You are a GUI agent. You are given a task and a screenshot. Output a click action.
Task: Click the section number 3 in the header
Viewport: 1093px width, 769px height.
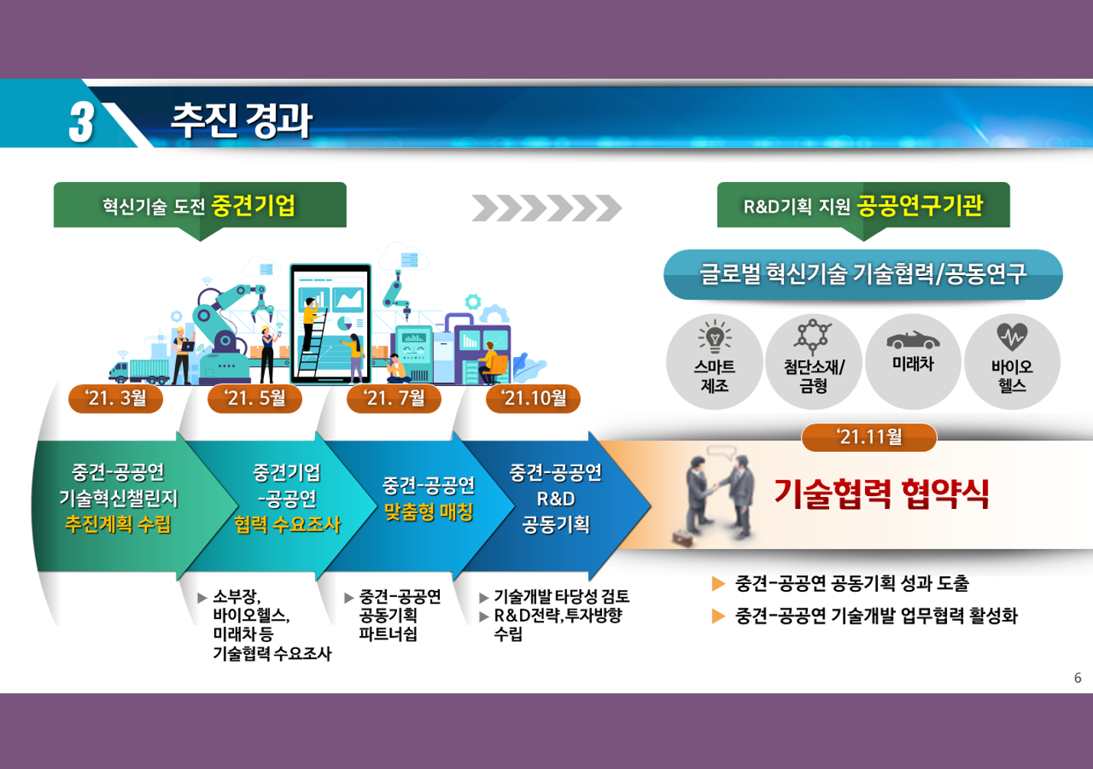81,122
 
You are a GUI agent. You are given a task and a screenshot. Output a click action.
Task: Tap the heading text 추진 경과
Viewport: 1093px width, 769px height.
241,121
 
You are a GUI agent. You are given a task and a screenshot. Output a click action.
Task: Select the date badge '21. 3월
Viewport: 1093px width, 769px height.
115,398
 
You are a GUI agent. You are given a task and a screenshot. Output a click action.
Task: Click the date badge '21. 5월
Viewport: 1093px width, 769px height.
255,398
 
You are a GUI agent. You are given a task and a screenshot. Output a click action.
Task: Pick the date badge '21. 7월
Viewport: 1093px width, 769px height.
394,398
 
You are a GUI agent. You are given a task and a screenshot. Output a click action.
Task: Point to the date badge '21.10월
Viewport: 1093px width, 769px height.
533,398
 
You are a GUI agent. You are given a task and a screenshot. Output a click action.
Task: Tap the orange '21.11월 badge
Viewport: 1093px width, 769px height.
869,437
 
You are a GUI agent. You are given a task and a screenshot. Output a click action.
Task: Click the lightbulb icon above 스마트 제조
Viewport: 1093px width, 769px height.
715,336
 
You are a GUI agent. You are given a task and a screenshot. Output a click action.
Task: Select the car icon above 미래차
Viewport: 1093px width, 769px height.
913,340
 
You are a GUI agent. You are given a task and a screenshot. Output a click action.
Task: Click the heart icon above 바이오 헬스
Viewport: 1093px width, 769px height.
1012,336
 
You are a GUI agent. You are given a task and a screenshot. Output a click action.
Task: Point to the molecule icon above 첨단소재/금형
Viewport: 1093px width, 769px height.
813,336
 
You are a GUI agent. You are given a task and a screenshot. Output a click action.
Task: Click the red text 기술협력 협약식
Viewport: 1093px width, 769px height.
881,494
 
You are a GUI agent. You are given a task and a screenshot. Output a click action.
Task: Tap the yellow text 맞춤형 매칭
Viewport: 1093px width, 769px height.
428,511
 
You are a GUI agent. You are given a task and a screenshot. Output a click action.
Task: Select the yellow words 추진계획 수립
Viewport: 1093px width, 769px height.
118,524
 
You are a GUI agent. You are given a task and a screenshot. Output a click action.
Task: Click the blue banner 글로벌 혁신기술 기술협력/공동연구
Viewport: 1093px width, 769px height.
863,274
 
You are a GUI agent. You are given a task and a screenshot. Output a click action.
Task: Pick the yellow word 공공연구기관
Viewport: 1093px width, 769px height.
920,206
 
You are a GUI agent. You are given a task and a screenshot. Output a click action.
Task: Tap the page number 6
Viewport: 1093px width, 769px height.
1078,678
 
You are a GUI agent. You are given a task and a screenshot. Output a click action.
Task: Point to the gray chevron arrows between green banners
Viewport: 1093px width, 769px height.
546,208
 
